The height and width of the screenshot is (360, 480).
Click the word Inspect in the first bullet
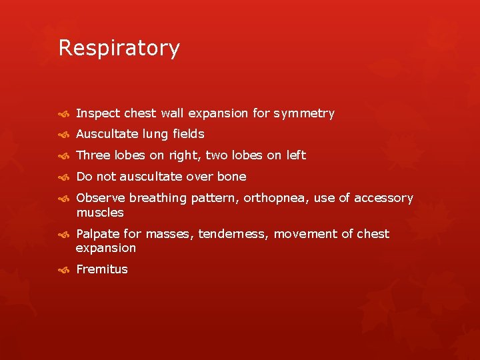97,113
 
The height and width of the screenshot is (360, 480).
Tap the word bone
231,177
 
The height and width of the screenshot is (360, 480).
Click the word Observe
101,198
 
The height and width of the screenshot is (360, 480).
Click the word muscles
100,213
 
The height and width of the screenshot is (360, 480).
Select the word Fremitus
102,269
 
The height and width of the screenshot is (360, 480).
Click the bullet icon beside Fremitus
64,270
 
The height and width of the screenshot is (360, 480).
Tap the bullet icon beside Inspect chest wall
64,114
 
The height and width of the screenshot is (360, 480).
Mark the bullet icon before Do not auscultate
64,177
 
